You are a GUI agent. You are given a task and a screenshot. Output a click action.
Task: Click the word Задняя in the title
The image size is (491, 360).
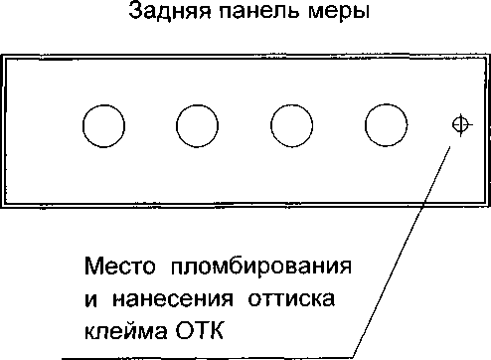coord(169,11)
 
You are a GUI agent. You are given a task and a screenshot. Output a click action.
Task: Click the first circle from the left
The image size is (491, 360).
coord(103,126)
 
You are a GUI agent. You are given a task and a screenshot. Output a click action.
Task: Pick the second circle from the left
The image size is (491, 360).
coord(197,126)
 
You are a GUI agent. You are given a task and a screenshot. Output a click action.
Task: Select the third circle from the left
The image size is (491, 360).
coord(291,125)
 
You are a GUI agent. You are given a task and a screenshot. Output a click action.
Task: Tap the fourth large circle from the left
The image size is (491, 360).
coord(387,125)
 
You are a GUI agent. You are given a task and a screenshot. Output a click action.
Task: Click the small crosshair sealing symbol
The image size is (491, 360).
coord(461,125)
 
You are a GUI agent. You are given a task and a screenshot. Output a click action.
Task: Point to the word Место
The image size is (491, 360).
coord(119,267)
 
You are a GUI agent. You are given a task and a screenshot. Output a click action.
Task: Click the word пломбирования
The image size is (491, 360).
coord(261,267)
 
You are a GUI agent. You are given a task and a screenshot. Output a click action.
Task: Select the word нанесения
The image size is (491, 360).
coord(173,299)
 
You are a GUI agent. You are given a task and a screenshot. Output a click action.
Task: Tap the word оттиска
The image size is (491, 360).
coord(291,299)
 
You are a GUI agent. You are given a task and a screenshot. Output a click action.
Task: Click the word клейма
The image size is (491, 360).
coord(125,330)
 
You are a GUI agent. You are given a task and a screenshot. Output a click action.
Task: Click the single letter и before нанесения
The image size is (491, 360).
coord(91,299)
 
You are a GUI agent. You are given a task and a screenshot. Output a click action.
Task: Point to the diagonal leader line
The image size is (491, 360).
coord(402,252)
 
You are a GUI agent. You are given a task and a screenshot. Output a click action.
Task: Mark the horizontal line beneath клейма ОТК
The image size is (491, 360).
coord(208,358)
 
